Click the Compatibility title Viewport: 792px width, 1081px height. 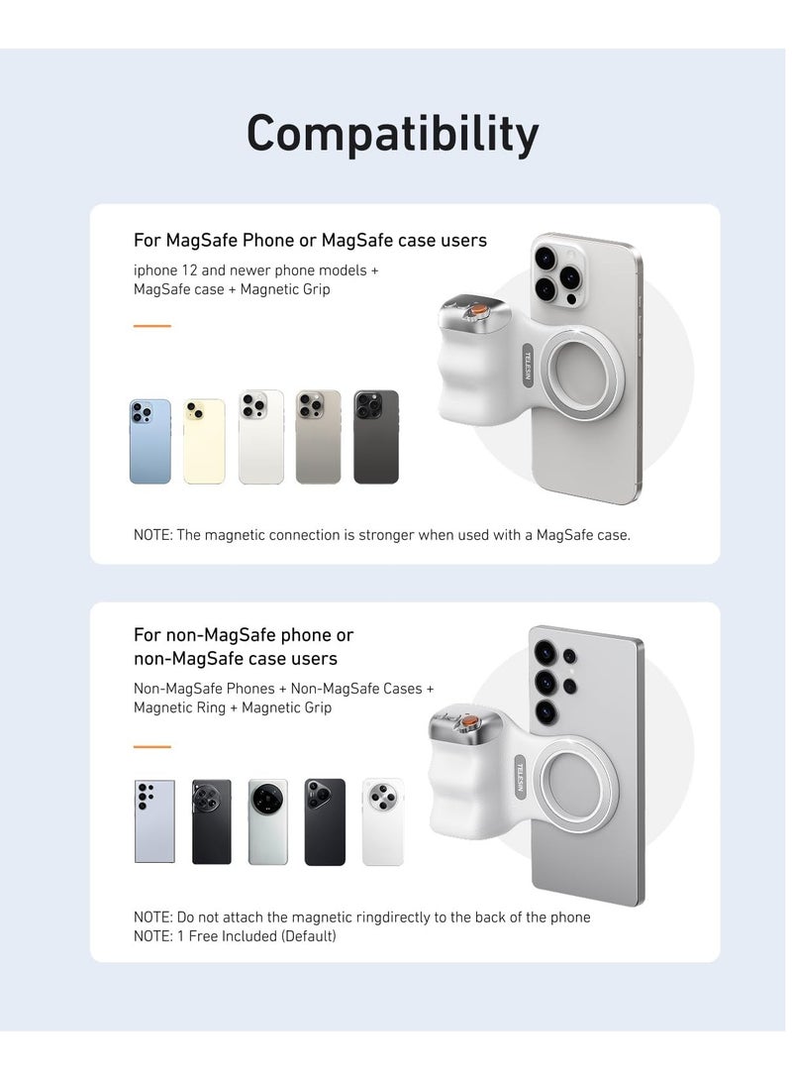[x=393, y=134]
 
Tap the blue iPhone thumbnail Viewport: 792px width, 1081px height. [x=149, y=441]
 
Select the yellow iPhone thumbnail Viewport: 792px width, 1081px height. [x=204, y=441]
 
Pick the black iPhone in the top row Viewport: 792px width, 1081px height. [x=376, y=437]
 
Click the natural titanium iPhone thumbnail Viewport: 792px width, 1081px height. [x=318, y=437]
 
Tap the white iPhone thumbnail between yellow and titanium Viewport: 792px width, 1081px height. [x=261, y=437]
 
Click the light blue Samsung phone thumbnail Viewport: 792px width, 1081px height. [x=154, y=821]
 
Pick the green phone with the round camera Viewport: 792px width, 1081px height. [x=267, y=821]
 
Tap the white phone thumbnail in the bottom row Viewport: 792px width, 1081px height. [x=383, y=821]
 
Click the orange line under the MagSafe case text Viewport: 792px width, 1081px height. [x=152, y=325]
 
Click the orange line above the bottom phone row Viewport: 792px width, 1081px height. [x=152, y=747]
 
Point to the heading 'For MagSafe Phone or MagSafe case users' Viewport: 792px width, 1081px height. [x=310, y=241]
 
